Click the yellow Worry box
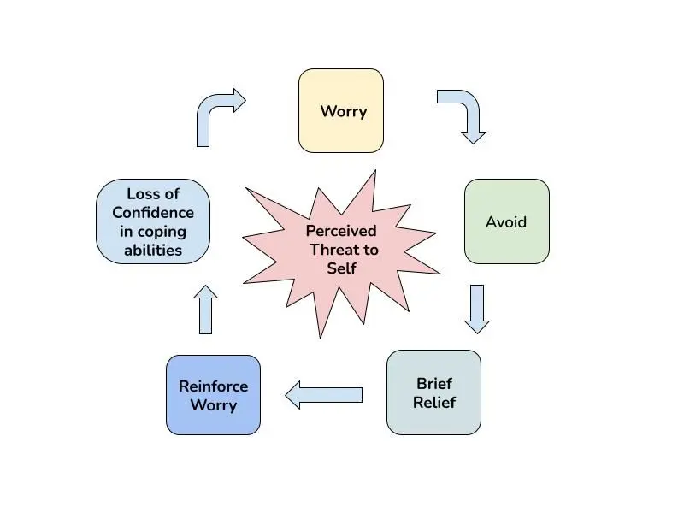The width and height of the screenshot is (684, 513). click(340, 111)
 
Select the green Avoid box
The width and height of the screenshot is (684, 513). click(506, 221)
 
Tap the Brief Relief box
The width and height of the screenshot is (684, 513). click(433, 392)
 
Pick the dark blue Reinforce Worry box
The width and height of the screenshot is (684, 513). click(213, 395)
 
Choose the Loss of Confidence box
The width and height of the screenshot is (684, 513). click(153, 221)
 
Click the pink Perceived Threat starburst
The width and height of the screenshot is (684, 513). click(341, 253)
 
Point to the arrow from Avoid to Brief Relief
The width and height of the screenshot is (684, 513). click(477, 310)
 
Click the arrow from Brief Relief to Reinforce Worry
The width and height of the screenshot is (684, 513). click(324, 395)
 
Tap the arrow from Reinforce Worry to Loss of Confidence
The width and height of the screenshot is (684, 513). click(205, 310)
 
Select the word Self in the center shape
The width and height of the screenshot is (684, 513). click(341, 268)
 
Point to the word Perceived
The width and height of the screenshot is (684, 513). click(341, 230)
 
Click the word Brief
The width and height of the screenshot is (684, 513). click(434, 383)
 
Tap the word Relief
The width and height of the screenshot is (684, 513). click(434, 402)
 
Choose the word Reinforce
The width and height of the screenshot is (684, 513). click(213, 386)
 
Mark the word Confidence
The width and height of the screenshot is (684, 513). click(153, 212)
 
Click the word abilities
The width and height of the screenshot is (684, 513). click(153, 250)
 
